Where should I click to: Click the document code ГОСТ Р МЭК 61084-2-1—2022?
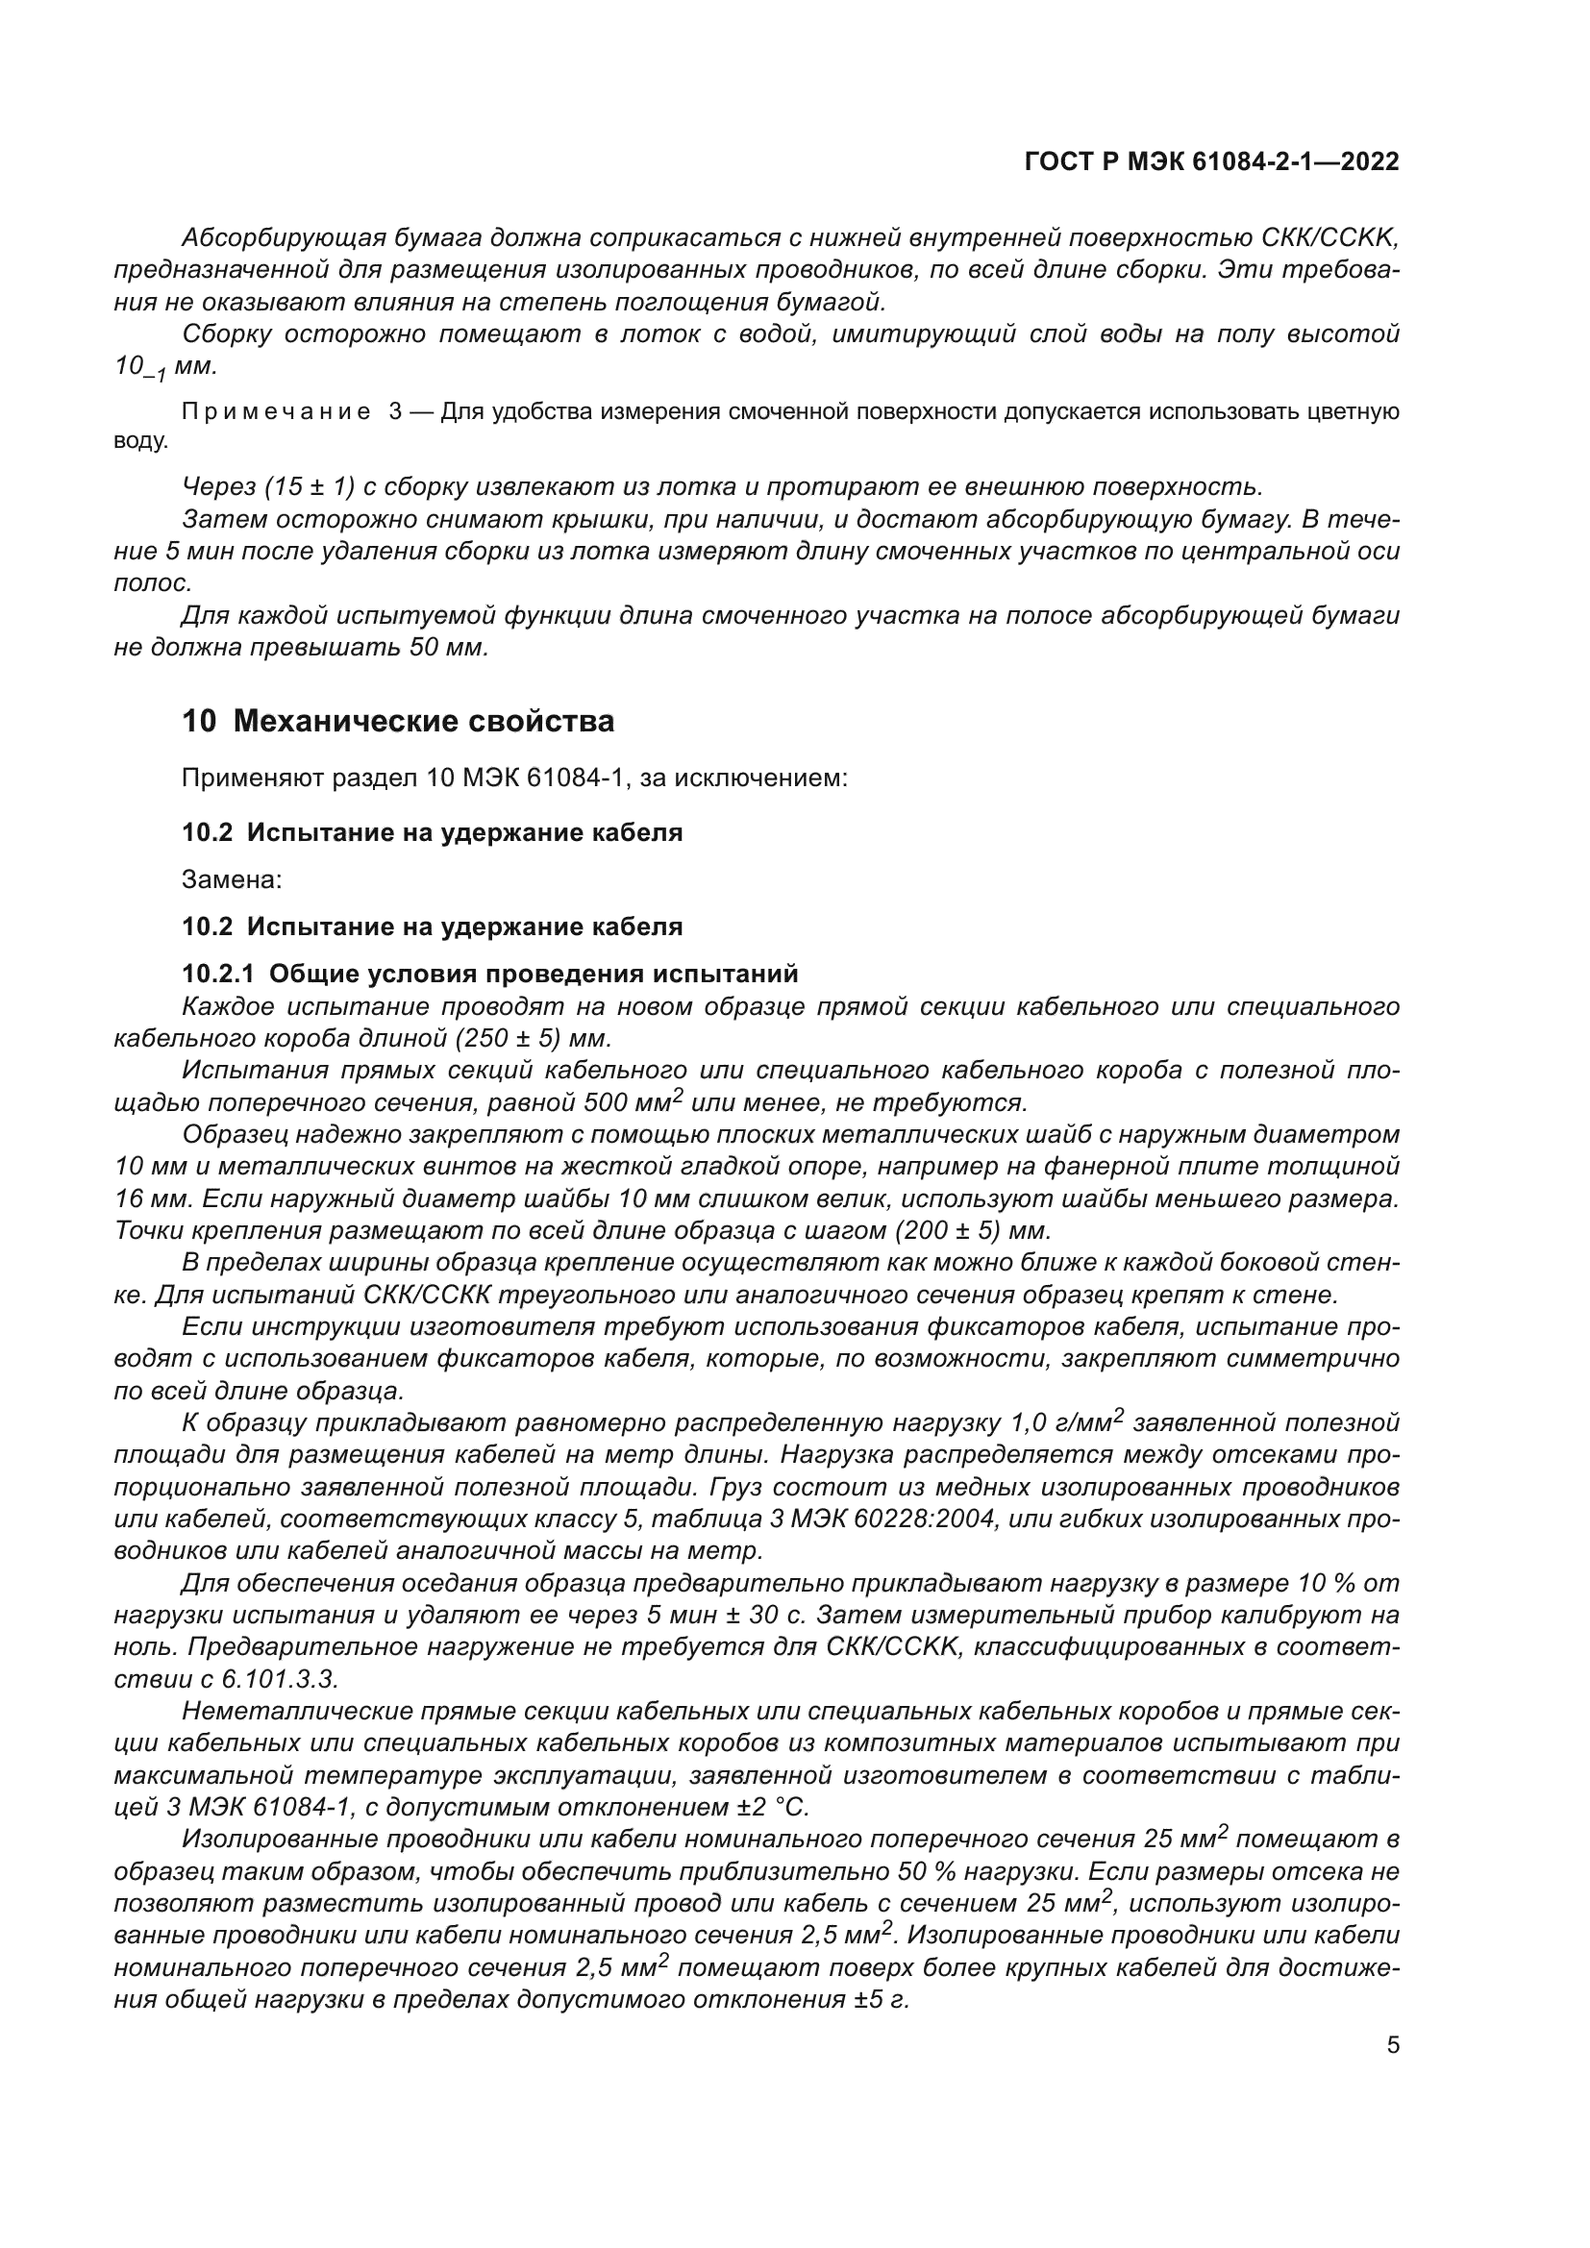1211,161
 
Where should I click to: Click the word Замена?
231,879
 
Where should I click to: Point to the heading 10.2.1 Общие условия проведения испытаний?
489,974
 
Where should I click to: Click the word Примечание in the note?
275,412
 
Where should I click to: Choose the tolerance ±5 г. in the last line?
881,2000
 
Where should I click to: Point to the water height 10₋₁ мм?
164,367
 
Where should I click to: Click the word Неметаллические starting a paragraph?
295,1712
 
